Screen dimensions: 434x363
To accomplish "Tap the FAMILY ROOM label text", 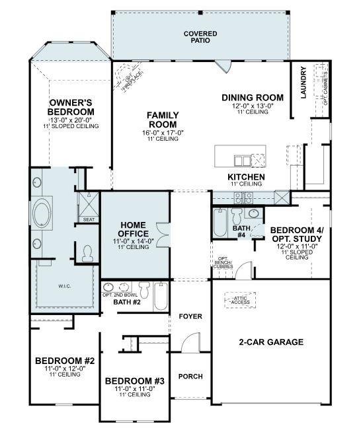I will tap(162, 120).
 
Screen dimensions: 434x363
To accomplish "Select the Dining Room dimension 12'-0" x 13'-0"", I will tap(252, 106).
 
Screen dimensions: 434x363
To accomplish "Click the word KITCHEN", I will tap(246, 177).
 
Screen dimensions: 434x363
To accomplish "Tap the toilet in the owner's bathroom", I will tap(88, 252).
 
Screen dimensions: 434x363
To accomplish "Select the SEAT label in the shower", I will tap(88, 220).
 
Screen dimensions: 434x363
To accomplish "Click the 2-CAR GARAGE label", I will tap(270, 342).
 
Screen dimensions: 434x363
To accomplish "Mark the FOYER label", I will tap(190, 316).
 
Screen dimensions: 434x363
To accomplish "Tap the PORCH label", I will tap(190, 377).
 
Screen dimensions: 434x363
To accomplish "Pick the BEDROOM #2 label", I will tap(65, 361).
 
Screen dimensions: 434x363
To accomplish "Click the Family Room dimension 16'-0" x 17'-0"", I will tap(162, 133).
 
